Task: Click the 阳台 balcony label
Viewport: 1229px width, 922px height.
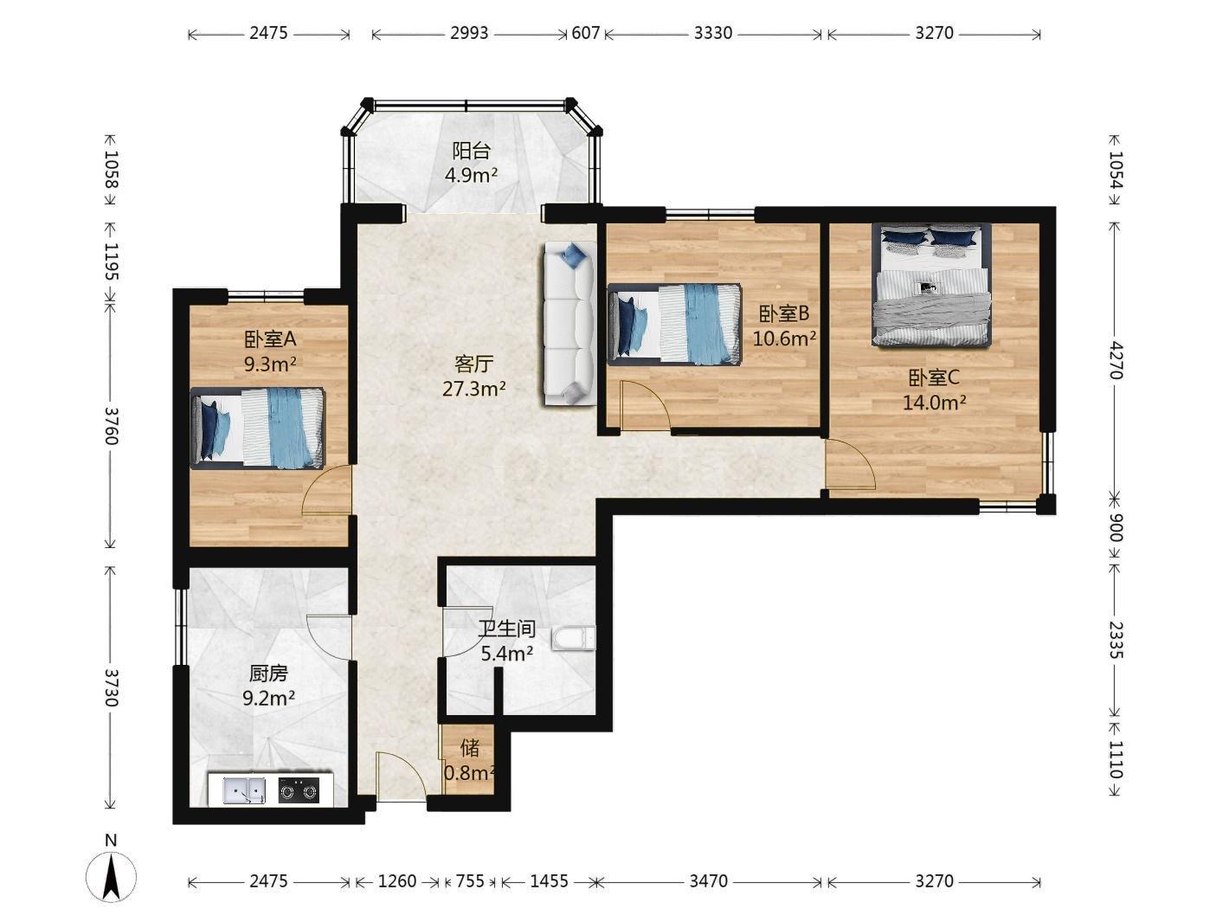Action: (x=471, y=151)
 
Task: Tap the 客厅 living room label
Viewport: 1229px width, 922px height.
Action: (x=473, y=364)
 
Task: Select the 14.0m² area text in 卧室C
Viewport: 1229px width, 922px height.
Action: (x=934, y=403)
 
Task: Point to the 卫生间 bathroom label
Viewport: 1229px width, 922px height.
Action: (x=506, y=629)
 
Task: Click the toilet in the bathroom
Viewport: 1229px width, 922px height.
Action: (x=573, y=639)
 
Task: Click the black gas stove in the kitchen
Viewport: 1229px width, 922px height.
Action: (x=299, y=790)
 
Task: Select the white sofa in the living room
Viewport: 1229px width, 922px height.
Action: (x=568, y=323)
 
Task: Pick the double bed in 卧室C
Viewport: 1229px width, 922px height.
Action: (x=931, y=285)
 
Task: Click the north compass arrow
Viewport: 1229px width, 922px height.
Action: (x=112, y=877)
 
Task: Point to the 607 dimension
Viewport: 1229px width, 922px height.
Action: (x=586, y=33)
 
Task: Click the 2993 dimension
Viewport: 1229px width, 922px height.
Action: (x=469, y=33)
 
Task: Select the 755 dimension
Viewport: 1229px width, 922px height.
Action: (x=470, y=881)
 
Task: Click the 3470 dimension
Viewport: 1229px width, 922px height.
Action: (x=708, y=881)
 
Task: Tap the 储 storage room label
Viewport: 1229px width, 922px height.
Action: (x=470, y=748)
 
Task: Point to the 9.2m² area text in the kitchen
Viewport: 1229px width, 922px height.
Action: (x=269, y=698)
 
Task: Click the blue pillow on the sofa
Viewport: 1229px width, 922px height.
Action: (x=576, y=255)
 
